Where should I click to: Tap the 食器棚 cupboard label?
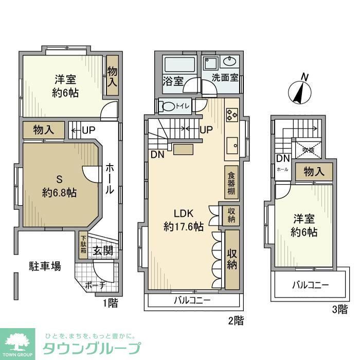(x=232, y=183)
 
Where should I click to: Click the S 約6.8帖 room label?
(x=59, y=186)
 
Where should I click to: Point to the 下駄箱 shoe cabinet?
(x=83, y=246)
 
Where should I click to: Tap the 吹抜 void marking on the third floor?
(x=309, y=150)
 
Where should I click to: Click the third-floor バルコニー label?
(x=311, y=284)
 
